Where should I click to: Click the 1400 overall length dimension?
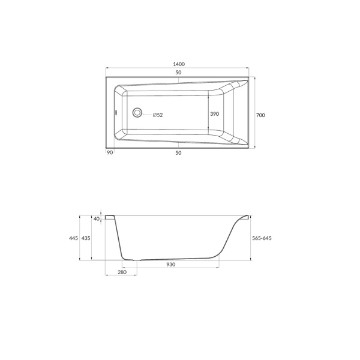click(179, 64)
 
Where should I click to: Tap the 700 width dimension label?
click(260, 115)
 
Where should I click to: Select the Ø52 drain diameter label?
click(158, 115)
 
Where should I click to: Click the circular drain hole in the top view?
click(137, 113)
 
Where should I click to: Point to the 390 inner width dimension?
click(214, 114)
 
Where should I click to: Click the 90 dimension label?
click(110, 152)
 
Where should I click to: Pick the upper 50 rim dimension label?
click(178, 73)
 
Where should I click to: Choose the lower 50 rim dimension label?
click(178, 152)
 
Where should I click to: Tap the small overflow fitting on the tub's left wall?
click(116, 113)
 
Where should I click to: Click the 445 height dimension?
click(73, 238)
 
